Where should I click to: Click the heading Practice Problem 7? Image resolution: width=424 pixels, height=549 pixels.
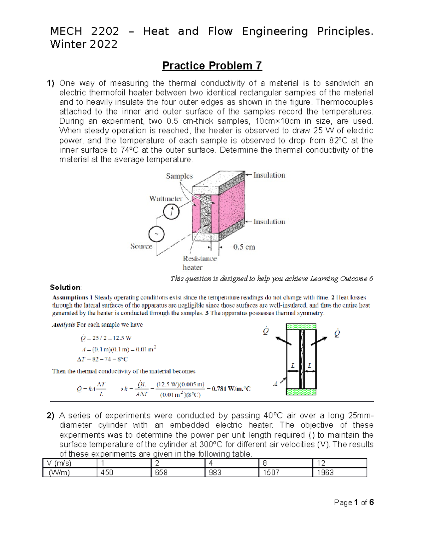pos(212,66)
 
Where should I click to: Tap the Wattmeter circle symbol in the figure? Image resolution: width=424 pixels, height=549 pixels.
pos(171,212)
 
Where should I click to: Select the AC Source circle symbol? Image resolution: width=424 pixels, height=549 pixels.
pos(156,234)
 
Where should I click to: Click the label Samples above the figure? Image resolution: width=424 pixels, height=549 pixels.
pos(179,176)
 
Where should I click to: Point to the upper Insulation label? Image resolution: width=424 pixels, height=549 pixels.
pos(269,175)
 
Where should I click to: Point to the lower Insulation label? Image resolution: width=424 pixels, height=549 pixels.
pos(269,222)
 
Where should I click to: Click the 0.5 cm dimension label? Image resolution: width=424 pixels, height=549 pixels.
pos(244,247)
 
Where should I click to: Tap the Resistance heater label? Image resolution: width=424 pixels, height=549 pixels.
pos(199,263)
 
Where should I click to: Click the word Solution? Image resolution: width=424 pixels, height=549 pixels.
pos(65,287)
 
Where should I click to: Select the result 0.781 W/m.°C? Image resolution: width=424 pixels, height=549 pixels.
pos(231,389)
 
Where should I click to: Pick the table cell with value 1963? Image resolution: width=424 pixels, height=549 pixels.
pos(325,473)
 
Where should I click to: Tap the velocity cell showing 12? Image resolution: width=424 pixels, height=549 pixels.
pos(321,463)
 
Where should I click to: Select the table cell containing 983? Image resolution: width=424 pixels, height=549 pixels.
pos(215,473)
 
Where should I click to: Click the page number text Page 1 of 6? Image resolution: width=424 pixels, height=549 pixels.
pos(354,502)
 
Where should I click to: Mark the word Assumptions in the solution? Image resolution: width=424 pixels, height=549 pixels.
pos(70,297)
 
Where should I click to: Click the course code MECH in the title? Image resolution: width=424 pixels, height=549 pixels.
pos(66,31)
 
